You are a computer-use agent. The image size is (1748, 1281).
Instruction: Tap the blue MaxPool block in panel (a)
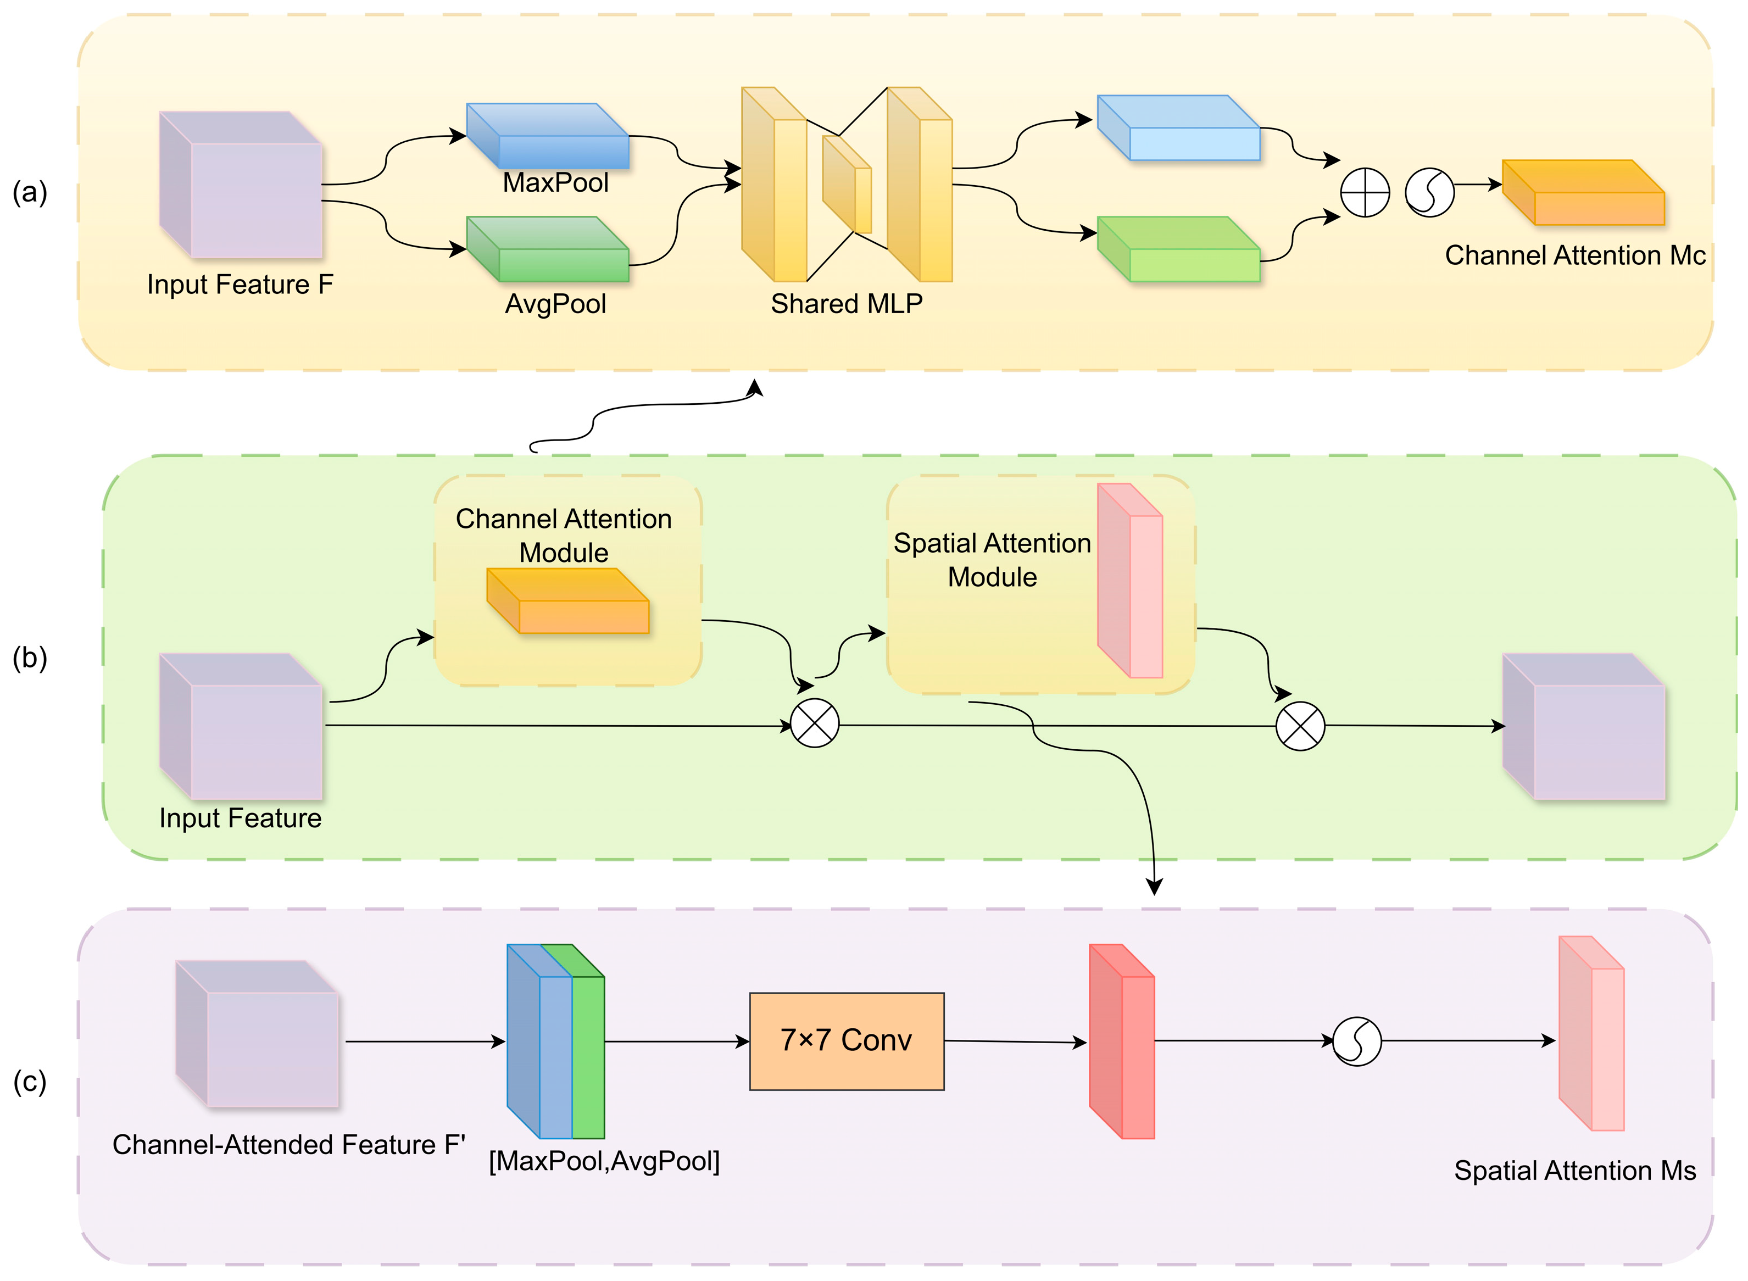coord(548,136)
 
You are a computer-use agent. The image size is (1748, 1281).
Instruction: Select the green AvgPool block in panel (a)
coord(548,249)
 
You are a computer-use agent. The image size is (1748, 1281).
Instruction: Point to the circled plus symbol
coord(1365,192)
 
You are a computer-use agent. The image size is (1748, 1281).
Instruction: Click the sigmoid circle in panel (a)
coord(1429,192)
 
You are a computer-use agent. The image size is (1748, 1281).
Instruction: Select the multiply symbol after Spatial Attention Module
coord(1300,726)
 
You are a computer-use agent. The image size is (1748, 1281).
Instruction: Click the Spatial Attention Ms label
coord(1575,1170)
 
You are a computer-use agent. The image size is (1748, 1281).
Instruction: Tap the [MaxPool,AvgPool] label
coord(604,1161)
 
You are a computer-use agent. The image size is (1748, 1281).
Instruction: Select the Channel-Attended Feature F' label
coord(288,1145)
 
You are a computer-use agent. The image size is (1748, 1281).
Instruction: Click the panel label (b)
coord(30,658)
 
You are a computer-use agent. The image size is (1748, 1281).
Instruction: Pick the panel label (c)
coord(30,1081)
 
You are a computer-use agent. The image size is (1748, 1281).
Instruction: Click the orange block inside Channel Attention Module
coord(567,601)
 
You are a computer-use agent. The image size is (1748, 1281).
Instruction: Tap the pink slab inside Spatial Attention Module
coord(1130,580)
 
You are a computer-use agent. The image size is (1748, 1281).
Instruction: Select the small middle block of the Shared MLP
coord(847,185)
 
